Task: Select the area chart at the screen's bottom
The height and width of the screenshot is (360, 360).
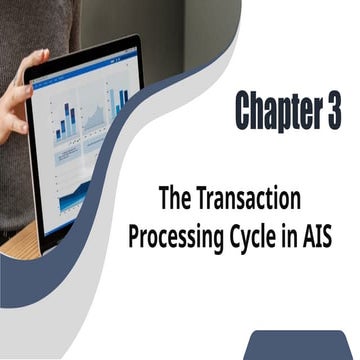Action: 75,195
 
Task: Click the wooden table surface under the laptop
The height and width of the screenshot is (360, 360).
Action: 15,246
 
